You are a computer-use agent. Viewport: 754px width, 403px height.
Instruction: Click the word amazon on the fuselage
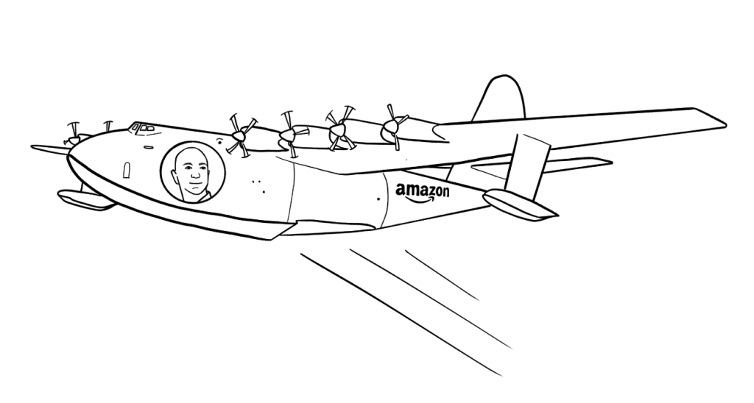[422, 190]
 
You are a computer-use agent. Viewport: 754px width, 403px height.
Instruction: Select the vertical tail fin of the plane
[499, 99]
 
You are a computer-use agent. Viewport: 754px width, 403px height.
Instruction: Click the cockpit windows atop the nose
[142, 127]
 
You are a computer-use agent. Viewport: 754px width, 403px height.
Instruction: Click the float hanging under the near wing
[519, 204]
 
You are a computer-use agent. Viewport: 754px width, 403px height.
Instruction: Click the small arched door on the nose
[127, 170]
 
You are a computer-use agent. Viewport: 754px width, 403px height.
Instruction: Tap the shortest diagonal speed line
[443, 275]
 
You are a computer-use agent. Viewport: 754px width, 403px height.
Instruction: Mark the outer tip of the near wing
[725, 124]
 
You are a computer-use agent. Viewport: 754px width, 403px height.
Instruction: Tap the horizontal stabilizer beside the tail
[542, 165]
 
